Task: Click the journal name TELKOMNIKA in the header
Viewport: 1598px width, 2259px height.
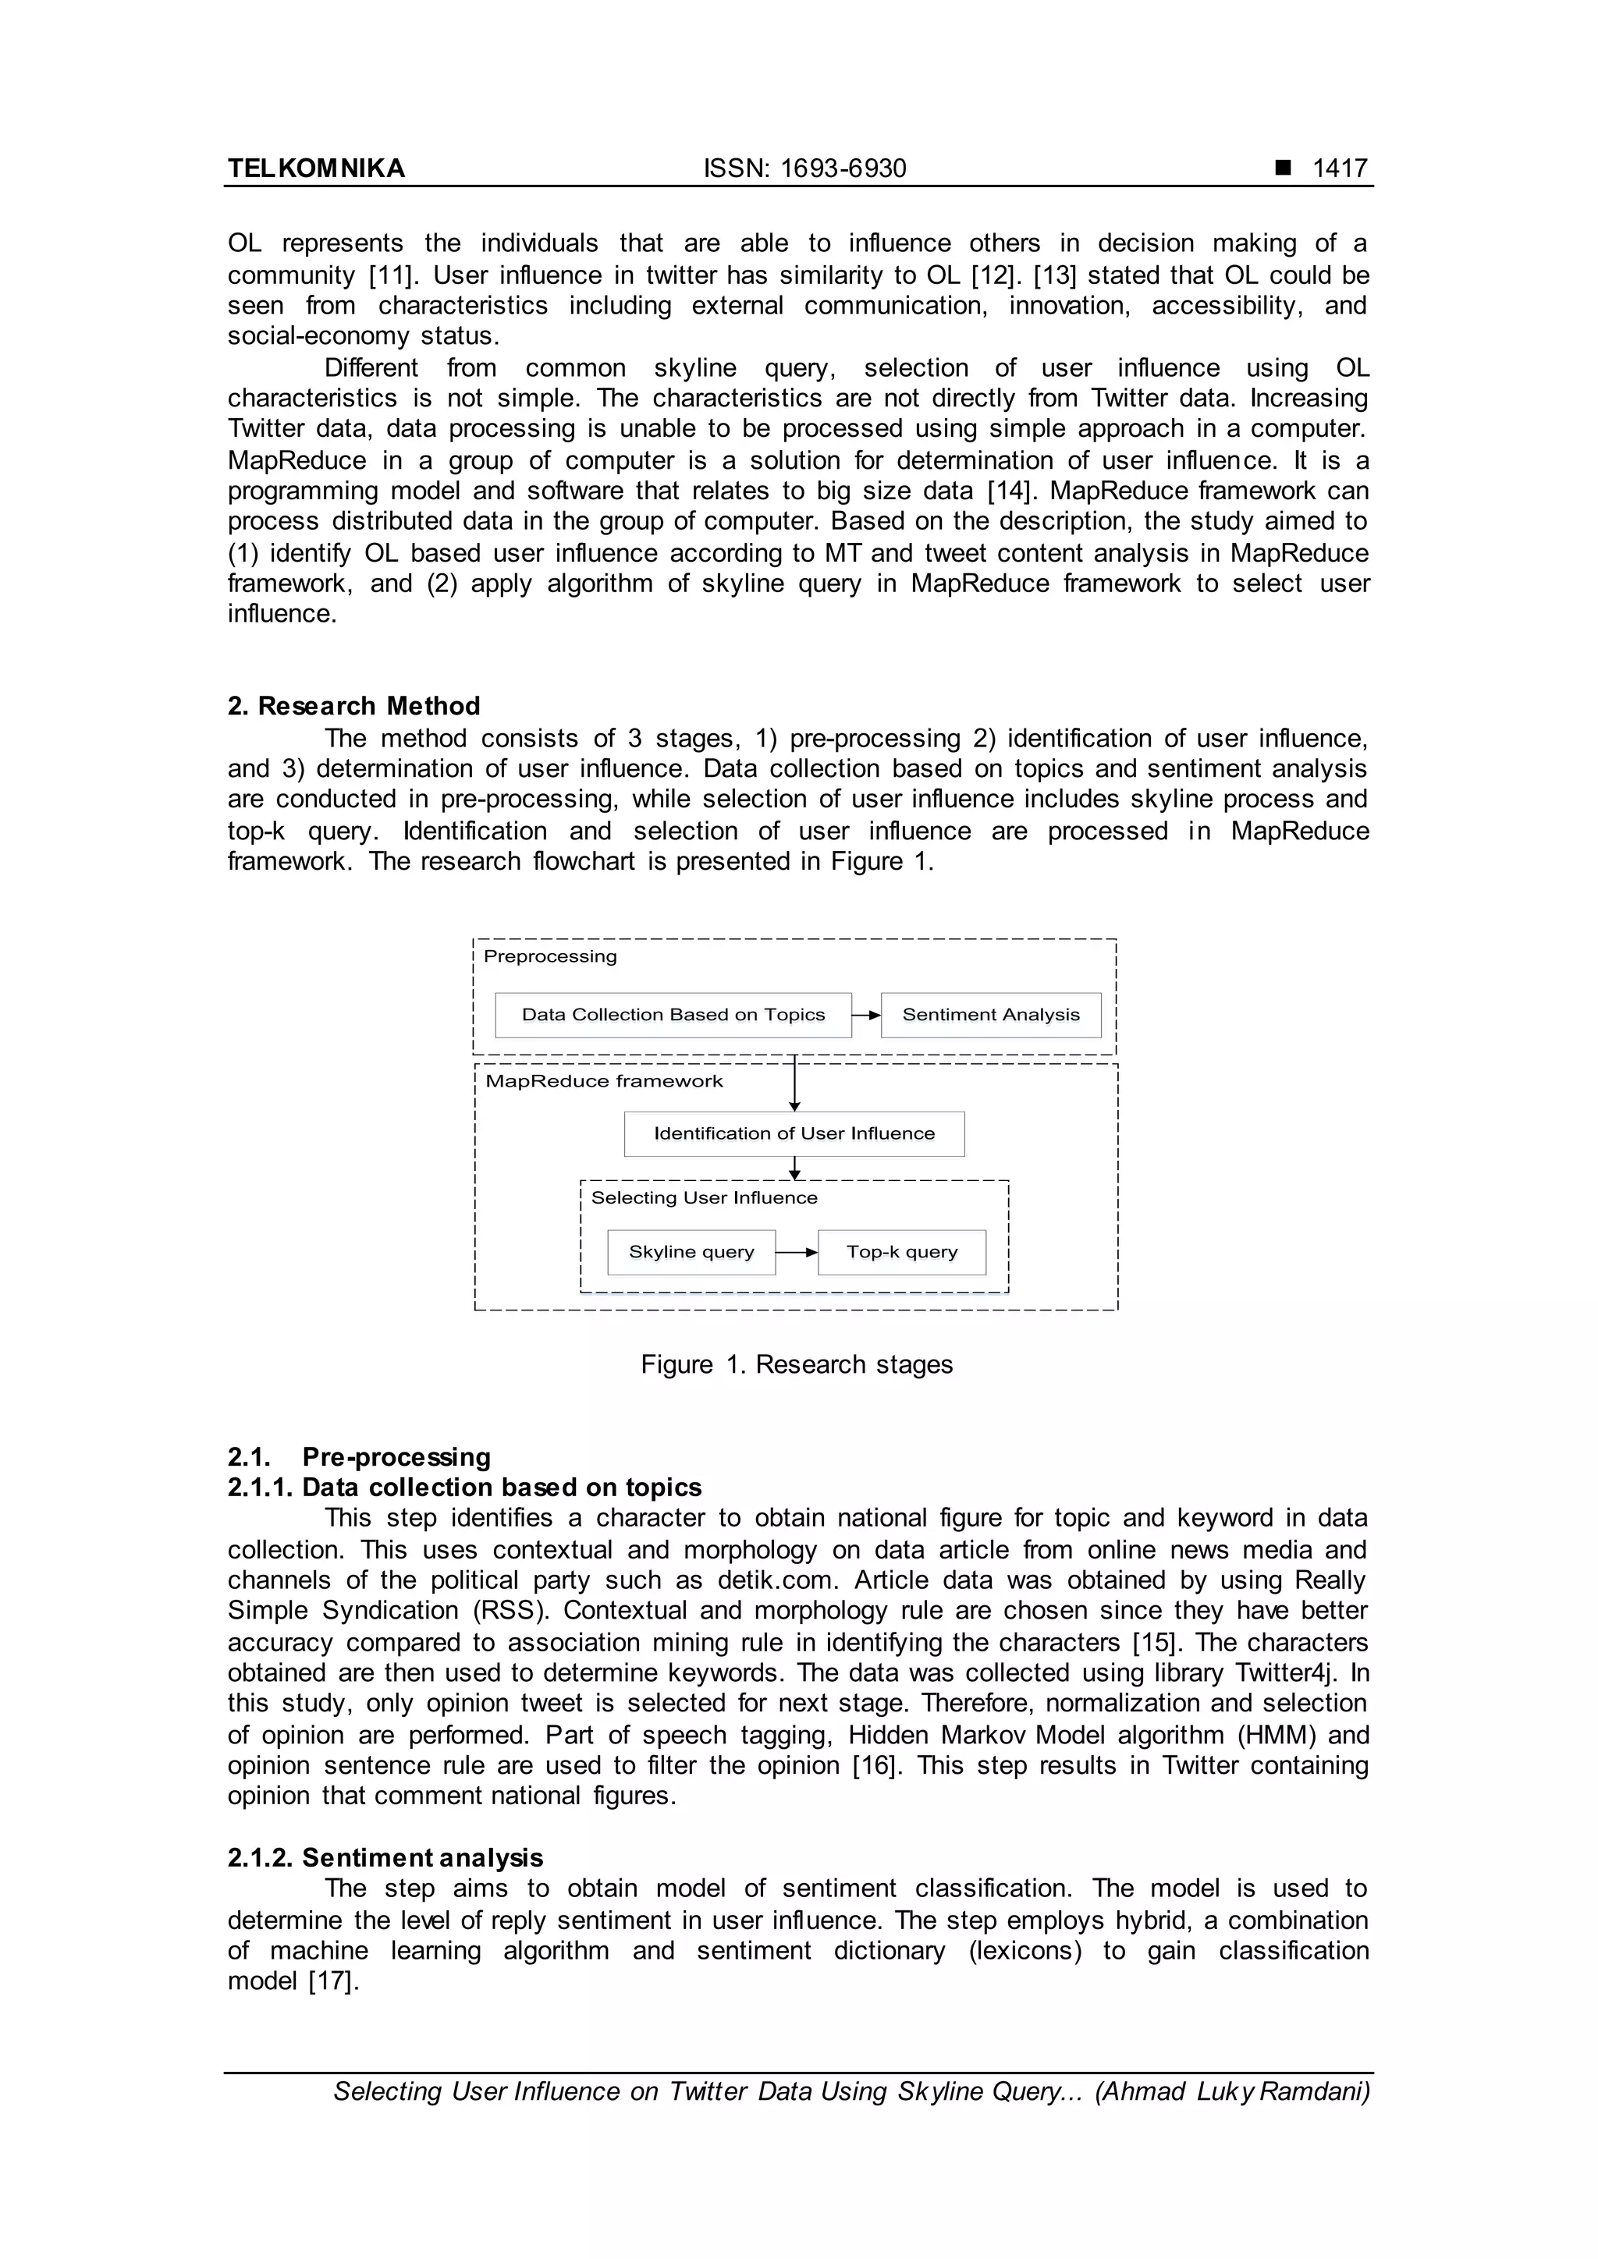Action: point(316,168)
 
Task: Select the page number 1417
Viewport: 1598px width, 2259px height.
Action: point(1341,168)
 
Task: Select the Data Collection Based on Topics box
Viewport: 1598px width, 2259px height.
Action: point(673,1014)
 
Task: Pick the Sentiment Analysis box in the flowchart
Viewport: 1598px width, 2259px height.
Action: point(990,1014)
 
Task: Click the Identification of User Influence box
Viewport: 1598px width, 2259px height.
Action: point(794,1133)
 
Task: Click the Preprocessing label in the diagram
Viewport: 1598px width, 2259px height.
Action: point(550,956)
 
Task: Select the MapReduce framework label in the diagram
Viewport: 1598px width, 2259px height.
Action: point(604,1081)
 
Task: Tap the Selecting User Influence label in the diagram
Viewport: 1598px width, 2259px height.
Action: point(704,1197)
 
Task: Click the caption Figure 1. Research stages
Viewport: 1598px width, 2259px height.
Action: point(796,1364)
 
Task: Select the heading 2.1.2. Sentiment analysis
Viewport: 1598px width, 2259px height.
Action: point(385,1857)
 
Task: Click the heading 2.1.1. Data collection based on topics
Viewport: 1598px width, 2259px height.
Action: point(464,1487)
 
